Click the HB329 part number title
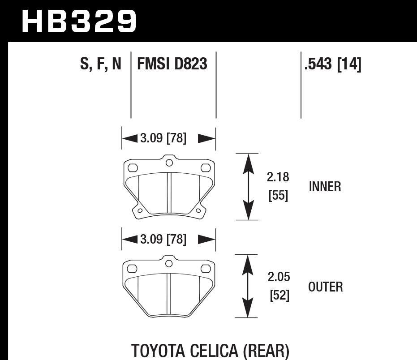(x=79, y=21)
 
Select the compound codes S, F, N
(x=101, y=64)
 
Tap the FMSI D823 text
(x=172, y=64)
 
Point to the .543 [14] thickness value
(x=332, y=64)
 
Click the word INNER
(x=325, y=187)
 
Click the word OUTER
(x=326, y=287)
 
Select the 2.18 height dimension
(x=278, y=177)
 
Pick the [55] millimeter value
(x=278, y=196)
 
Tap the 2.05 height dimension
(x=278, y=277)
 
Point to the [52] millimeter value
(x=278, y=296)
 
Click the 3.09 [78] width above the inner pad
(x=163, y=138)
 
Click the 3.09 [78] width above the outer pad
(x=163, y=240)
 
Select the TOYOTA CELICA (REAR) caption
(x=211, y=350)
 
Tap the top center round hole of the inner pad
(x=169, y=163)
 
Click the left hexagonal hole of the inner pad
(x=133, y=168)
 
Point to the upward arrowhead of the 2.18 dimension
(x=246, y=162)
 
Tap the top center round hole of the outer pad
(x=169, y=263)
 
